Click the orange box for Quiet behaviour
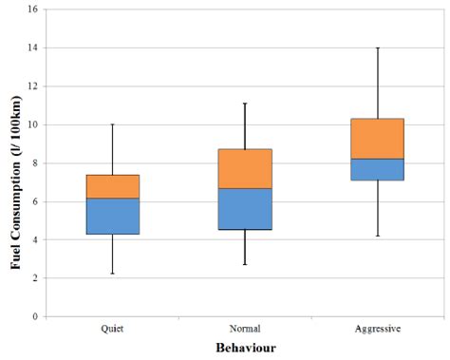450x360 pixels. pos(113,186)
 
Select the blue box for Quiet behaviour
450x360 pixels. pos(113,216)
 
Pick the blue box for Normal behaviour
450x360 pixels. pos(245,208)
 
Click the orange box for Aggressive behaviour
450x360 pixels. pos(378,139)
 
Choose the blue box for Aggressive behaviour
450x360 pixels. pos(378,169)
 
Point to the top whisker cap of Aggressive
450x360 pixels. pos(378,47)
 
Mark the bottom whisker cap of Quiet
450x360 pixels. pos(113,274)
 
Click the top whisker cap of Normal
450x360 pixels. pos(245,104)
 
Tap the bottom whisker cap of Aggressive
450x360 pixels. pos(378,236)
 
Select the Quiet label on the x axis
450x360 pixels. pos(113,329)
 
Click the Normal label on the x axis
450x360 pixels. pos(245,329)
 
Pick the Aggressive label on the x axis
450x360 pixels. pos(378,329)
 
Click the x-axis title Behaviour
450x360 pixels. pos(245,349)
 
